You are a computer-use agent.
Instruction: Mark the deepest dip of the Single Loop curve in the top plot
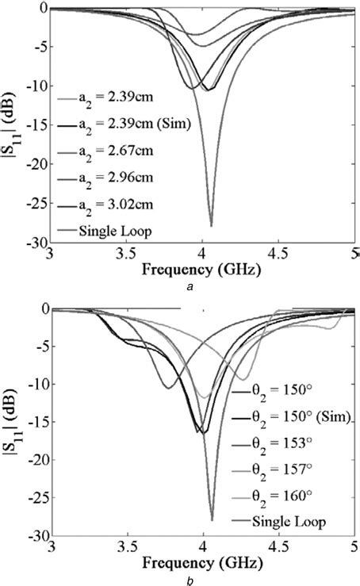point(211,225)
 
